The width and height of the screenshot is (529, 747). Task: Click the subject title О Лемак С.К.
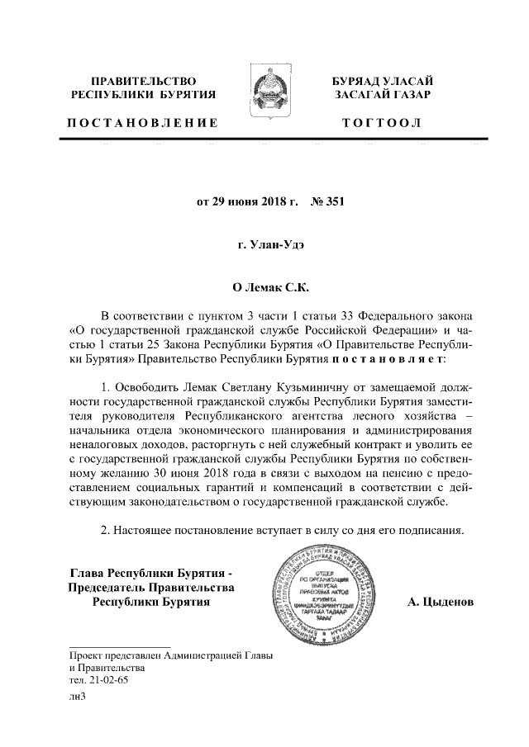264,290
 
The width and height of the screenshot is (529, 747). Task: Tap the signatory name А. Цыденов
441,602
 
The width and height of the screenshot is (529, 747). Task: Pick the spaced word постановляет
388,361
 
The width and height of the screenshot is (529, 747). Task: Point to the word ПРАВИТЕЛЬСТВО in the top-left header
143,81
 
